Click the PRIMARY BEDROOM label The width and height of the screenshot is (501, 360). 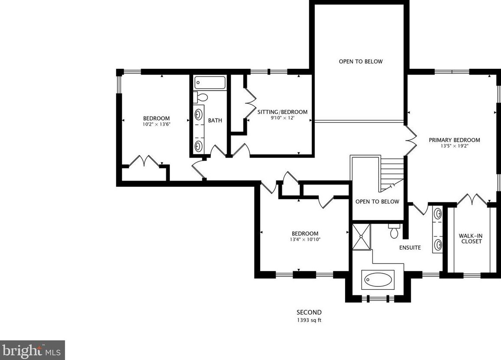(454, 140)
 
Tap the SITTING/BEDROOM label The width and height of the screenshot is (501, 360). (282, 112)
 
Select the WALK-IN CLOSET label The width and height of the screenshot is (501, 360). (471, 239)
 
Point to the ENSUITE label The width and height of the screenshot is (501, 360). (410, 247)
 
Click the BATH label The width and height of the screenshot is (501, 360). (215, 120)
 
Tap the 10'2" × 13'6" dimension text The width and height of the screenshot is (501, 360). (156, 124)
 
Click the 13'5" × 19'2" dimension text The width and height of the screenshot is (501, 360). (454, 146)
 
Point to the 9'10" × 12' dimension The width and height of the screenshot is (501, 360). (282, 118)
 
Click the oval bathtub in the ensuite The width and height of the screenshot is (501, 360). (378, 280)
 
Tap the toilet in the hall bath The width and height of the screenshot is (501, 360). (200, 97)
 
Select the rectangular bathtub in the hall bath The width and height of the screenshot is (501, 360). (210, 83)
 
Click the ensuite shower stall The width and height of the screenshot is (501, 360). (361, 237)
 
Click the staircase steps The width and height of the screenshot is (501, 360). (392, 174)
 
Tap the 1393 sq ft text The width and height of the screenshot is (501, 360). (309, 320)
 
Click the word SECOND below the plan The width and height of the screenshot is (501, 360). (309, 312)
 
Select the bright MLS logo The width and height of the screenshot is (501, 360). (32, 350)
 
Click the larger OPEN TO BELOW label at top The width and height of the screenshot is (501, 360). (360, 62)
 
